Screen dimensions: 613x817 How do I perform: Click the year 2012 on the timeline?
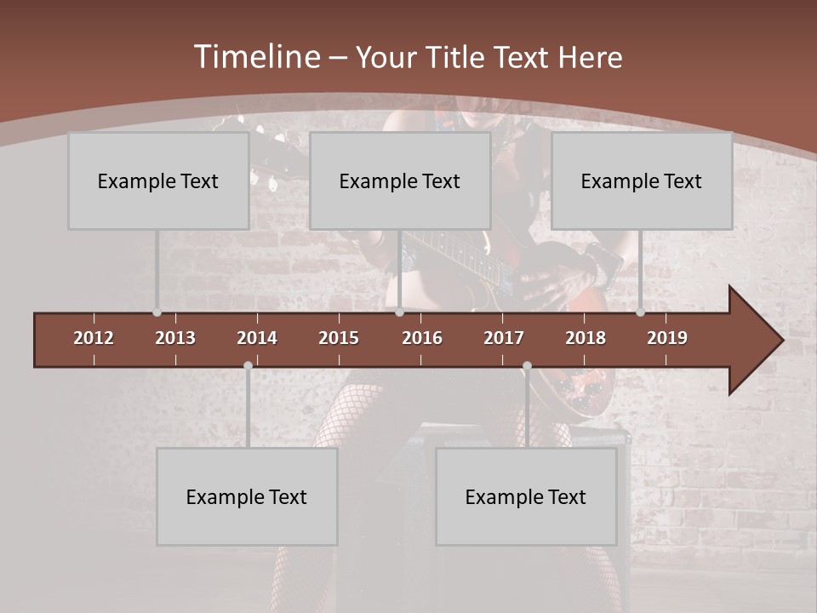pyautogui.click(x=94, y=338)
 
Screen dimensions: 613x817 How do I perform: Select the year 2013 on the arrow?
pyautogui.click(x=175, y=338)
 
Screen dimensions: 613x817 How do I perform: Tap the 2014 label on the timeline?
pyautogui.click(x=257, y=338)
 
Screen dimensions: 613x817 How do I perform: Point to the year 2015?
pyautogui.click(x=339, y=338)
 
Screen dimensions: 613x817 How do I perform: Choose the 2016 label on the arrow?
pyautogui.click(x=422, y=338)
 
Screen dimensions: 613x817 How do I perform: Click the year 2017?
pyautogui.click(x=504, y=338)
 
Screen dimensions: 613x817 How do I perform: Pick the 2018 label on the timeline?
pyautogui.click(x=586, y=338)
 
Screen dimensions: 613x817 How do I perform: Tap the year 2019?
pyautogui.click(x=667, y=338)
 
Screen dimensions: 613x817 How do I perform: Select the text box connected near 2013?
pyautogui.click(x=158, y=181)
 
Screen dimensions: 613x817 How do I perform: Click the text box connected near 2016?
pyautogui.click(x=400, y=181)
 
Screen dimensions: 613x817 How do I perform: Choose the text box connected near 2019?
pyautogui.click(x=642, y=181)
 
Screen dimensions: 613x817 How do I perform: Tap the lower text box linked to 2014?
pyautogui.click(x=247, y=497)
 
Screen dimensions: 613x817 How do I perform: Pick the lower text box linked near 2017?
pyautogui.click(x=526, y=497)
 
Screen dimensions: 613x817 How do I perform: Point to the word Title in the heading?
pyautogui.click(x=460, y=58)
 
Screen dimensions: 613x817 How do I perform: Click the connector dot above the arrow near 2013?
pyautogui.click(x=157, y=312)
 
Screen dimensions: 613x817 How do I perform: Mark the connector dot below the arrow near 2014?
pyautogui.click(x=248, y=366)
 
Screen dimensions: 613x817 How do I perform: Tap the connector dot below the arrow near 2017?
pyautogui.click(x=527, y=366)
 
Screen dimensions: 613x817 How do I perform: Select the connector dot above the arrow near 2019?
pyautogui.click(x=641, y=312)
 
